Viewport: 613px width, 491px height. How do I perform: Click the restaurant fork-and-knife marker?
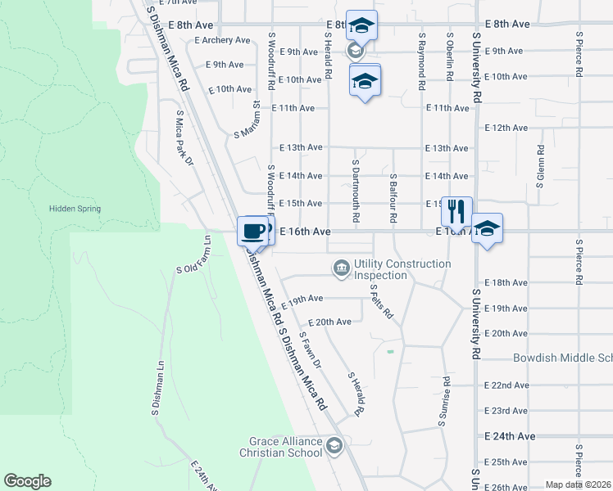coord(456,211)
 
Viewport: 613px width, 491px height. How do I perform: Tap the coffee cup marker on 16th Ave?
coord(252,230)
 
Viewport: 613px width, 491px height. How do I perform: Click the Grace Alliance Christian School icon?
coord(334,446)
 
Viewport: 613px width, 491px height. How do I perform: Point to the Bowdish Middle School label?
coord(562,358)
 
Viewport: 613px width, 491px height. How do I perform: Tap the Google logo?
coord(27,481)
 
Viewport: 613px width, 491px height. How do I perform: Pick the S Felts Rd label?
coord(382,301)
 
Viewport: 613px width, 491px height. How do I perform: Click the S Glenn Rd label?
coord(540,167)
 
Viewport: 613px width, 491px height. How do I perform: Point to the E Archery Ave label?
coord(222,40)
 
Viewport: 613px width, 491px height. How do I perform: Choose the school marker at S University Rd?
coord(486,230)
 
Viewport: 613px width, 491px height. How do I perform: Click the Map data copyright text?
coord(579,484)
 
